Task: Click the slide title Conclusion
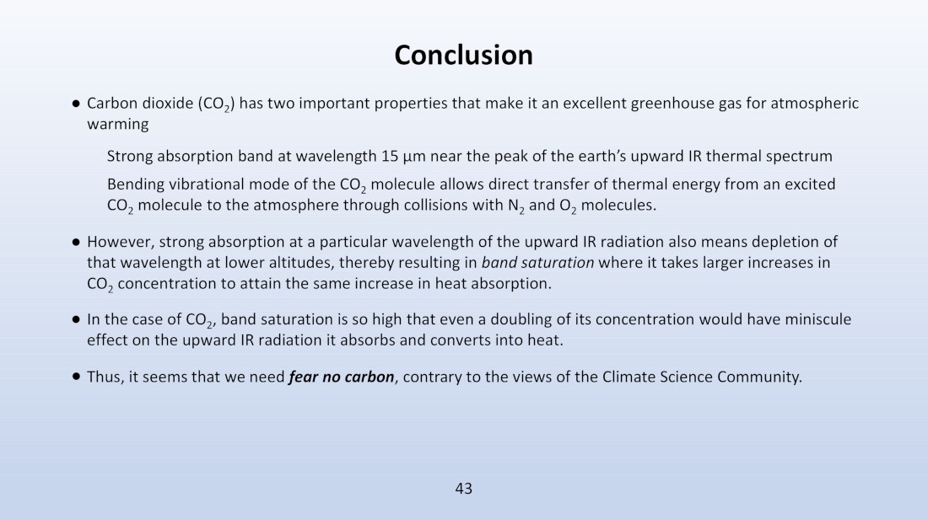coord(463,55)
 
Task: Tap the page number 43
coord(463,489)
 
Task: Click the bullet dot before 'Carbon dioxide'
coord(76,104)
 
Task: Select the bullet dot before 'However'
coord(76,242)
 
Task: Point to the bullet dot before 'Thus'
coord(76,377)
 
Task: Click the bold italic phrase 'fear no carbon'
coord(342,377)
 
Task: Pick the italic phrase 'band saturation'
coord(537,263)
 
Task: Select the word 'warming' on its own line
coord(118,125)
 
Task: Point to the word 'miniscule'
coord(818,319)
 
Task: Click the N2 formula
coord(516,206)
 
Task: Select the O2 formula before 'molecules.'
coord(568,206)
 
